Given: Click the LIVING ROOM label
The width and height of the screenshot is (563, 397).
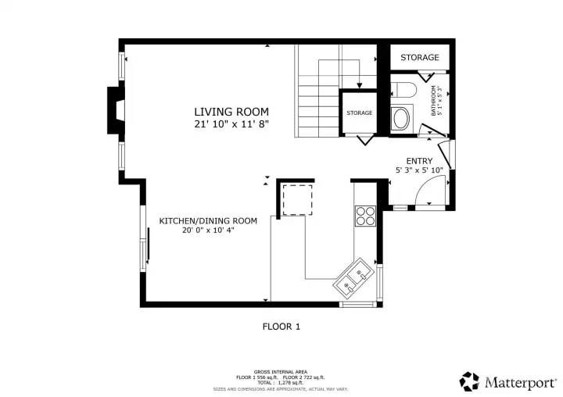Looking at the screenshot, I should (x=231, y=112).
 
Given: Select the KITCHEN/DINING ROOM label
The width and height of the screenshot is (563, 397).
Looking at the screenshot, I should (x=208, y=221).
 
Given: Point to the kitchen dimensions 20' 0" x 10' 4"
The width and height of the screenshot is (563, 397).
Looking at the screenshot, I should (x=208, y=231).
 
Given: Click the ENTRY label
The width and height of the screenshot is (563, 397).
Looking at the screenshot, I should (x=419, y=161).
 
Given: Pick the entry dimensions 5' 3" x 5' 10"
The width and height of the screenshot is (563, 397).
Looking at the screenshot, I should (x=419, y=170).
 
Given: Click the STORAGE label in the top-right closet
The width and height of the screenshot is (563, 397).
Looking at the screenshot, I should (x=420, y=58).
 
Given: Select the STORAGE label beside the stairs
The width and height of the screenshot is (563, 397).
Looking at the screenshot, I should (x=360, y=113).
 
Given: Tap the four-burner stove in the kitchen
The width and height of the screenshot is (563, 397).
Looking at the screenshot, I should (x=365, y=215).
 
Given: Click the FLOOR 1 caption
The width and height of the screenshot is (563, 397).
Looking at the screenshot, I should (x=281, y=327).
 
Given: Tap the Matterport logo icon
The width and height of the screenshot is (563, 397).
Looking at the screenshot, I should (x=469, y=381).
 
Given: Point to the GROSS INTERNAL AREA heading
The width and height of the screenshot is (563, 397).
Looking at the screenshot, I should (x=281, y=371).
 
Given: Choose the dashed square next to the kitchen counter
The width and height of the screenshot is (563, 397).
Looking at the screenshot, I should (x=297, y=198).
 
